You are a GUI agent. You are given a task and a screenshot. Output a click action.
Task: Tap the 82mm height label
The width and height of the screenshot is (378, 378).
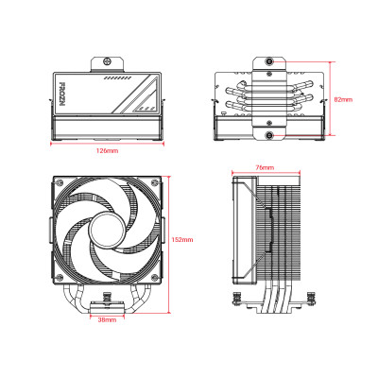pyautogui.click(x=344, y=98)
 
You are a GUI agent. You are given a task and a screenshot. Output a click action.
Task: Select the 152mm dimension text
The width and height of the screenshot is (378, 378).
pyautogui.click(x=183, y=240)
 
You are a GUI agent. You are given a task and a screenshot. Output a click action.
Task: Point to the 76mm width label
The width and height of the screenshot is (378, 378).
pyautogui.click(x=266, y=166)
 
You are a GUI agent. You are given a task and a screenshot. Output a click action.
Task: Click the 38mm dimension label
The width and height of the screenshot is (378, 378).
pyautogui.click(x=108, y=322)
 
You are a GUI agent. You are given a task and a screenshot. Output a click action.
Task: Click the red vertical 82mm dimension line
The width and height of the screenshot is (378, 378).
pyautogui.click(x=330, y=98)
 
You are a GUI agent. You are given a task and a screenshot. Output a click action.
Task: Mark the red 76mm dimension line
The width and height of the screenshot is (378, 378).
pyautogui.click(x=266, y=173)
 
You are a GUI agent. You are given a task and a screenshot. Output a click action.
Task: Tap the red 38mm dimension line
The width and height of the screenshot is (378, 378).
pyautogui.click(x=108, y=316)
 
